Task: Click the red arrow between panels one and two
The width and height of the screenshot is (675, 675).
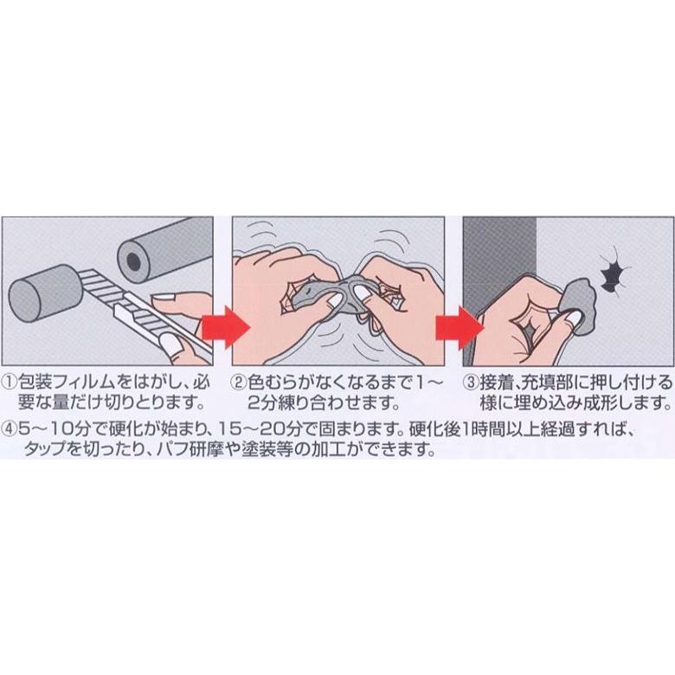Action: tap(226, 327)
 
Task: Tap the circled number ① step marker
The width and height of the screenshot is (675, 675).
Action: tap(10, 382)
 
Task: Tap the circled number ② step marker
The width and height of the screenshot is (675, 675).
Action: tap(239, 382)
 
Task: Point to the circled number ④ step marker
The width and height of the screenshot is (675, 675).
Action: tap(10, 428)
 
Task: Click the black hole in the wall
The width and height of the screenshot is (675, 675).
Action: tap(612, 273)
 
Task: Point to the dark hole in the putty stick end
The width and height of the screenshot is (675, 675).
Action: tap(133, 260)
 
